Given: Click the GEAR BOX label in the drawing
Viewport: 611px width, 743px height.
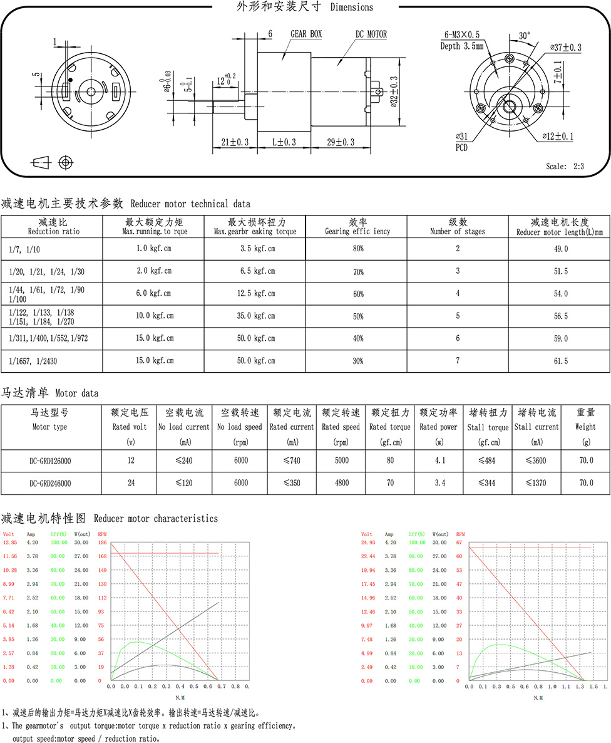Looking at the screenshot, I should point(305,34).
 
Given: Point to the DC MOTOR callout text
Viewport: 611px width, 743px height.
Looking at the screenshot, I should point(371,34).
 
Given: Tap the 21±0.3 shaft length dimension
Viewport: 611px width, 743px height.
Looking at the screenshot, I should point(235,143).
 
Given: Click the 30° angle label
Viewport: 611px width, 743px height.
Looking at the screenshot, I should point(524,36).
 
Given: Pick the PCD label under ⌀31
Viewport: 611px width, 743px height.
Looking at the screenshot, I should point(461,148).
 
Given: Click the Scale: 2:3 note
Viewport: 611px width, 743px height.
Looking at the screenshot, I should point(565,167).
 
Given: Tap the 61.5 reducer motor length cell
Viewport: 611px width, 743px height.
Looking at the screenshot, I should point(559,361).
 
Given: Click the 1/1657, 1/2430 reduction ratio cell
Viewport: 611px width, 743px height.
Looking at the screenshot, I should point(30,361).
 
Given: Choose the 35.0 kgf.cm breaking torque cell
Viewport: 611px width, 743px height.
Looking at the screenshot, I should point(258,316).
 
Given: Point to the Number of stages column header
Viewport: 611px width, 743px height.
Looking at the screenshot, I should point(457,232).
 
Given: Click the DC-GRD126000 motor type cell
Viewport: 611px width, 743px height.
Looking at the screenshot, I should point(50,460).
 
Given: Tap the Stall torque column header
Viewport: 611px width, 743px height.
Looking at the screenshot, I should point(488,427).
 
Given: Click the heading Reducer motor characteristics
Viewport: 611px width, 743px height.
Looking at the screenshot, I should point(155,519).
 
